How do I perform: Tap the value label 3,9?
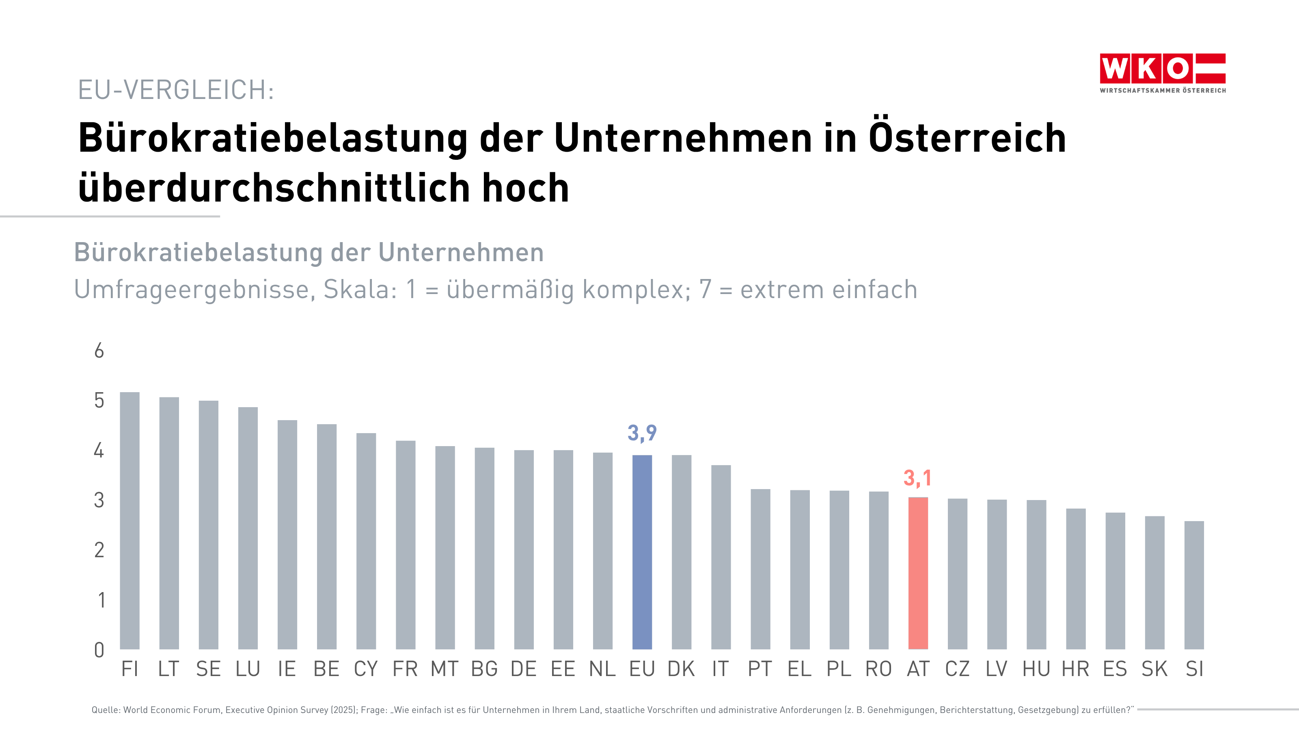[x=642, y=433]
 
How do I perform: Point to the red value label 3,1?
[x=917, y=478]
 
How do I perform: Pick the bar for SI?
[x=1193, y=585]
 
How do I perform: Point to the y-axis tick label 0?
[x=99, y=650]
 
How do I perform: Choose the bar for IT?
[x=721, y=557]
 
